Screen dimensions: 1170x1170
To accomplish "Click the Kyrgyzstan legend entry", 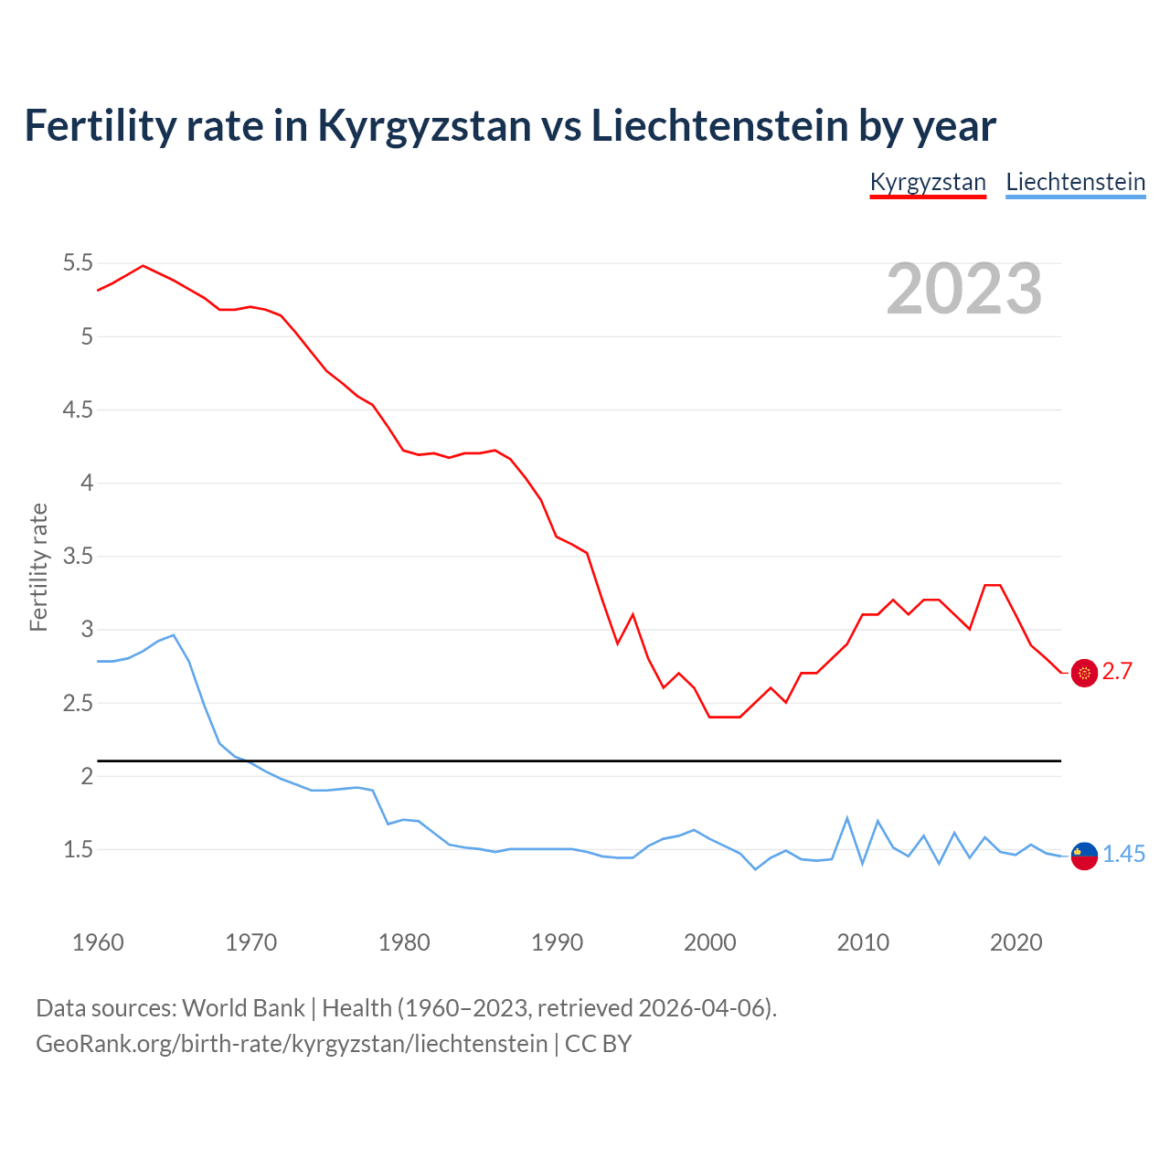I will pyautogui.click(x=928, y=182).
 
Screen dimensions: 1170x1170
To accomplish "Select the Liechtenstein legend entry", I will pyautogui.click(x=1075, y=182).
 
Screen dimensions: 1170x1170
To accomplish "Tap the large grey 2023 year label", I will pyautogui.click(x=964, y=289).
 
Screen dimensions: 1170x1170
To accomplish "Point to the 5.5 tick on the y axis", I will pyautogui.click(x=79, y=263).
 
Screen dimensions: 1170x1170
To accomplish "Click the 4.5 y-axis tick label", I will pyautogui.click(x=79, y=409).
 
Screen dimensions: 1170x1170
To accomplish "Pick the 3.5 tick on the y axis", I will pyautogui.click(x=79, y=556).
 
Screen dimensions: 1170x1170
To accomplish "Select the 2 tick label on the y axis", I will pyautogui.click(x=88, y=776).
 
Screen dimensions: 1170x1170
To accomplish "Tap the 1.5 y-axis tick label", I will pyautogui.click(x=79, y=849).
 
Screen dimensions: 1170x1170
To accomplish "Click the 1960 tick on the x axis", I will pyautogui.click(x=98, y=942).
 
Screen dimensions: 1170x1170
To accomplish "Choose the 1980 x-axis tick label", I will pyautogui.click(x=404, y=942).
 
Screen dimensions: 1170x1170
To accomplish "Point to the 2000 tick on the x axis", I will pyautogui.click(x=710, y=942).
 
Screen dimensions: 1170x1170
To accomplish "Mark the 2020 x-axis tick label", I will pyautogui.click(x=1016, y=942).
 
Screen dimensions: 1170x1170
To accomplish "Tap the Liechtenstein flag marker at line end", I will pyautogui.click(x=1084, y=856).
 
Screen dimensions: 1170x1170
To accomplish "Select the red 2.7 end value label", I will pyautogui.click(x=1117, y=672).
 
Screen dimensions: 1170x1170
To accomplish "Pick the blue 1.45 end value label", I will pyautogui.click(x=1123, y=854).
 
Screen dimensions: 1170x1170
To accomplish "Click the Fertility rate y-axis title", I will pyautogui.click(x=38, y=567).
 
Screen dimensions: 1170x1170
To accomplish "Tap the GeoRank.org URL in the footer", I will pyautogui.click(x=292, y=1043).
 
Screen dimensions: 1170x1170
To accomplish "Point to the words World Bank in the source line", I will pyautogui.click(x=243, y=1007).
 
